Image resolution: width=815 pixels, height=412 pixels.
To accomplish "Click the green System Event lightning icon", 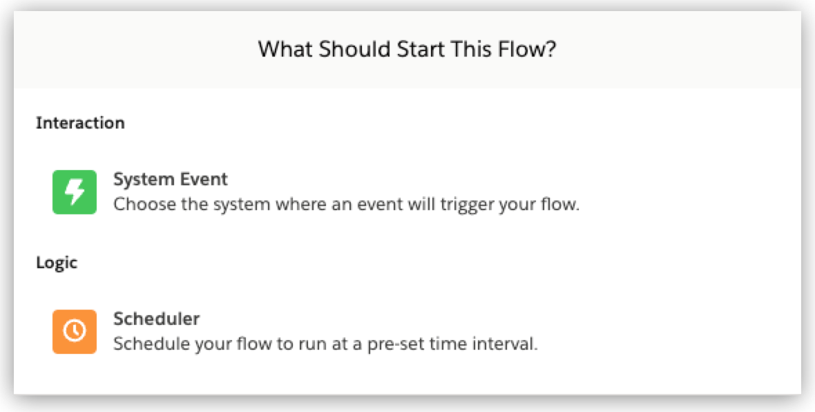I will click(75, 191).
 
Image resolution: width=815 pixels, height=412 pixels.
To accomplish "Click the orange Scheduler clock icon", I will click(75, 331).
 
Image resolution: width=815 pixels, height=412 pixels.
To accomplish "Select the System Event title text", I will click(170, 180).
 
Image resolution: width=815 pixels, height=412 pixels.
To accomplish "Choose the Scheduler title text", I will click(156, 319).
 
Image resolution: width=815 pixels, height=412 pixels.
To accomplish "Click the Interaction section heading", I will click(80, 123).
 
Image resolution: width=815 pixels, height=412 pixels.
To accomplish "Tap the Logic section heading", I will click(57, 263).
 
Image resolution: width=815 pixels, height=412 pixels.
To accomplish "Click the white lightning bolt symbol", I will click(75, 191).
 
